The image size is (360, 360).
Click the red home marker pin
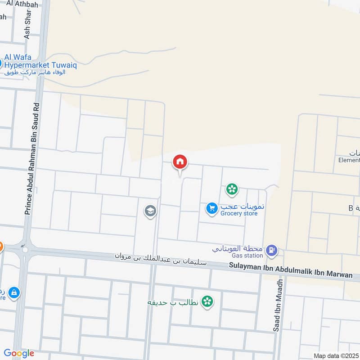pos(180,162)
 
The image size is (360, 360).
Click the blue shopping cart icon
pos(211,208)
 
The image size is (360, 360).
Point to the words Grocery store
pos(239,213)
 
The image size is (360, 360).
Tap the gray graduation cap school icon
pos(150,211)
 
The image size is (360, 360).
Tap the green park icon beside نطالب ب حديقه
pos(207,301)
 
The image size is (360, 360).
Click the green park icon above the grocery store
pos(232,189)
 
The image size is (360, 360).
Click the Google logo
pos(19,353)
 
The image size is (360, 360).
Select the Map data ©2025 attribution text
pos(336,355)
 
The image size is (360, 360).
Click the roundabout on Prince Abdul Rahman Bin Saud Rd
pos(25,249)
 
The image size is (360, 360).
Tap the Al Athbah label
pos(20,4)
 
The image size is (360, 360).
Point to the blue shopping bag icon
pos(14,293)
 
